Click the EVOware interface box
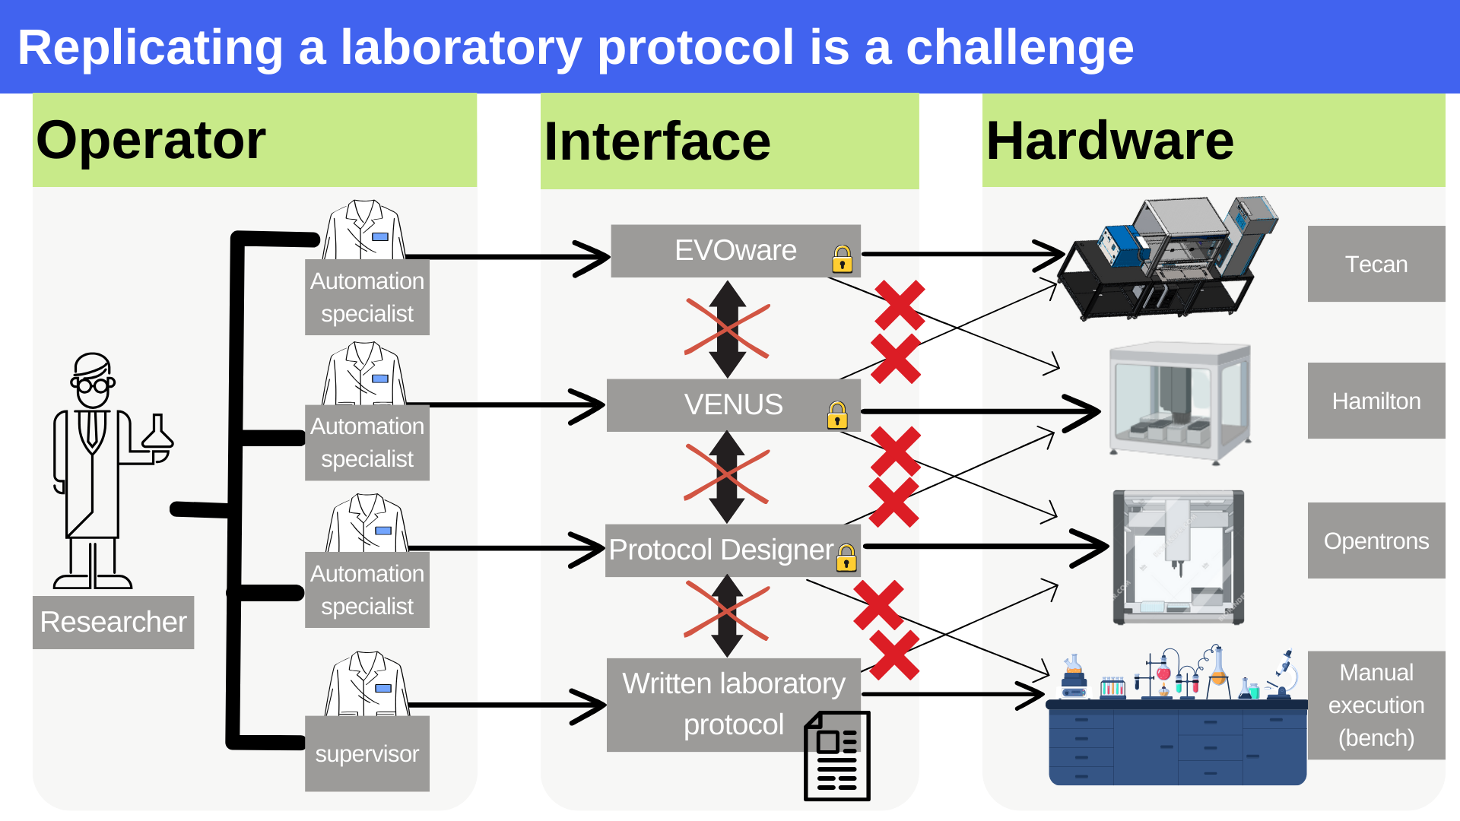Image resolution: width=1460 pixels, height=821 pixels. point(735,251)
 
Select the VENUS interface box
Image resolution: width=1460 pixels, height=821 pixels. point(733,404)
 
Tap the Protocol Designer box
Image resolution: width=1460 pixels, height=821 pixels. point(721,550)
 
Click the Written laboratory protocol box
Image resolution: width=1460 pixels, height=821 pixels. point(733,703)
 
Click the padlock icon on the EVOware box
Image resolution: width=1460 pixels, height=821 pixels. point(842,259)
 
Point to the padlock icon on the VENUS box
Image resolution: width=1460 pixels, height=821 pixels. point(837,415)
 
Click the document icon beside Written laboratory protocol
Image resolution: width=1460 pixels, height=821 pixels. point(837,756)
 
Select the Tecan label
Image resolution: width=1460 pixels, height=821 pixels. point(1376,264)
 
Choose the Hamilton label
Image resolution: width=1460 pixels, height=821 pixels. point(1376,401)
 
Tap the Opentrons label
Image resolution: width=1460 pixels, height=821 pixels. point(1376,540)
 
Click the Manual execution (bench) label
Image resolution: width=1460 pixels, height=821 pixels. point(1376,705)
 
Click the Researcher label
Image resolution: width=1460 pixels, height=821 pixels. point(113,622)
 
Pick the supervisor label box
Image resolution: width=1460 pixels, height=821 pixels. point(367,753)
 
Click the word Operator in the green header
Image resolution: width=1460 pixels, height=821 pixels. point(151,140)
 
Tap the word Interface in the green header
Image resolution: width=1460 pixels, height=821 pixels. point(657,141)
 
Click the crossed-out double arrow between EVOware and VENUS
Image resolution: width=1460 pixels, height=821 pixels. point(728,329)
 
